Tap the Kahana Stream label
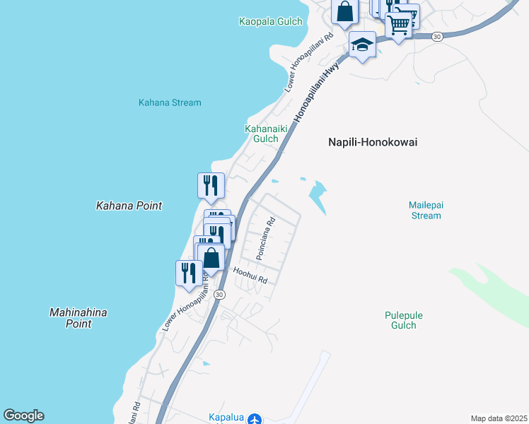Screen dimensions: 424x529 click(x=169, y=102)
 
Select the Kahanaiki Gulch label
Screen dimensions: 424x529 click(x=262, y=134)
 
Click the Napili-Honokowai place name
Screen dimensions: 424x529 click(x=373, y=142)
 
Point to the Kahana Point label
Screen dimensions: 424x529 click(x=129, y=206)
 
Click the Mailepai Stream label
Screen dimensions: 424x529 click(x=425, y=210)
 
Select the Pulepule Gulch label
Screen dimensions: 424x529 click(x=400, y=320)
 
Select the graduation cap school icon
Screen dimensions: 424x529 click(x=362, y=45)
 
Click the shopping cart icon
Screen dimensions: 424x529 click(x=399, y=25)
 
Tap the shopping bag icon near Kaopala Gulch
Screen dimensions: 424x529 click(x=344, y=11)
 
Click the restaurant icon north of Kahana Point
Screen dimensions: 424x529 click(x=211, y=185)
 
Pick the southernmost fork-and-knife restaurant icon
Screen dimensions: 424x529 click(x=188, y=272)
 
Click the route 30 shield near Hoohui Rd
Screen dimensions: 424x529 click(x=220, y=295)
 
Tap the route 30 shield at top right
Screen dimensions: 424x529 click(x=437, y=37)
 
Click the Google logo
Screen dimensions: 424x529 click(x=23, y=416)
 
